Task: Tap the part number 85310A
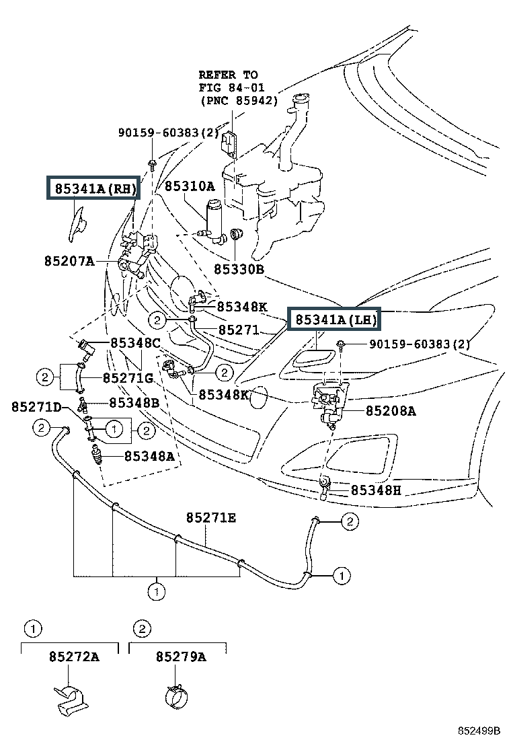tap(190, 186)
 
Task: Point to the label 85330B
tap(239, 269)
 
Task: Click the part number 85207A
tap(69, 261)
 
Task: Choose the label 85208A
tap(391, 411)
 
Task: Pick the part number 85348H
tap(376, 490)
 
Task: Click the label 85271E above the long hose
tap(211, 517)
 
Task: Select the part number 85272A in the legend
tap(75, 657)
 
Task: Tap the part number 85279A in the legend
tap(181, 657)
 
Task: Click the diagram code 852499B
tap(479, 731)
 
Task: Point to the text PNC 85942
tap(239, 101)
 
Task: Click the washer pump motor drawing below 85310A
tap(214, 222)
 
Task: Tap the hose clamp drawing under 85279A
tap(177, 697)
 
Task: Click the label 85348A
tap(150, 456)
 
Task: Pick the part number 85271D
tap(37, 406)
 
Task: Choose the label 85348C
tap(136, 342)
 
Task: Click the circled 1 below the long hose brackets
tap(157, 592)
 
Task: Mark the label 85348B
tap(134, 403)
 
